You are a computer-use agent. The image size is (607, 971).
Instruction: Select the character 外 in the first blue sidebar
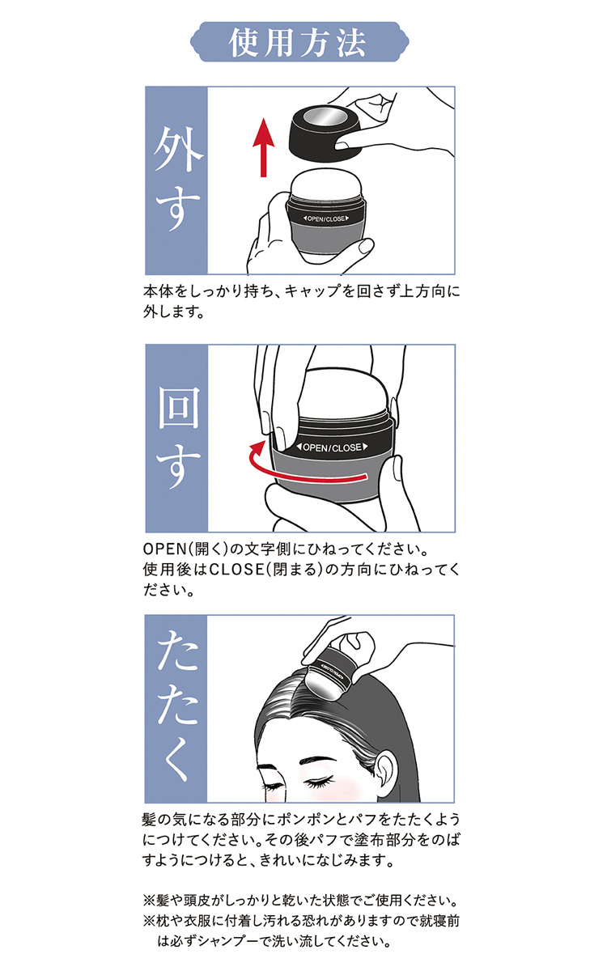pos(176,149)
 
